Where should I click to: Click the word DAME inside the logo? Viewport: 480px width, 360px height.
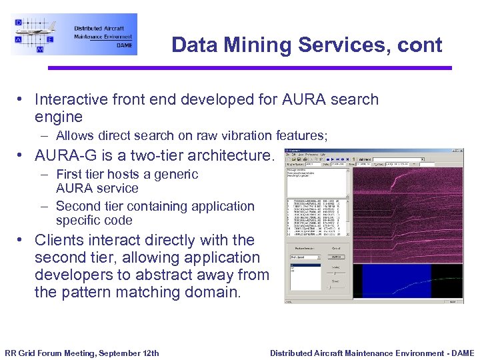pos(124,45)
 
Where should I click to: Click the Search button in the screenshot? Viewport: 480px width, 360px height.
pos(336,256)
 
